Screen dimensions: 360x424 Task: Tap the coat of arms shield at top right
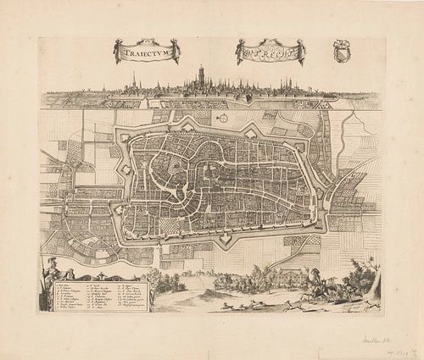(343, 50)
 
